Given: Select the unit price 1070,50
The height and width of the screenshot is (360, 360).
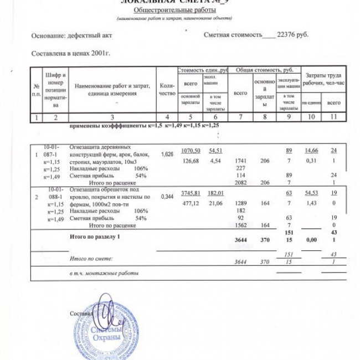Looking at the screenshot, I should pyautogui.click(x=189, y=151).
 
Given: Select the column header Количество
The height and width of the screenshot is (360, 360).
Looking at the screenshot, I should pyautogui.click(x=167, y=89).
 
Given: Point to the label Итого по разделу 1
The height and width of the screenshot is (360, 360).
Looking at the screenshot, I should pyautogui.click(x=95, y=236).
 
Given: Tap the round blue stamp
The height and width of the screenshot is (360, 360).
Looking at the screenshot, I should pyautogui.click(x=105, y=330).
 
